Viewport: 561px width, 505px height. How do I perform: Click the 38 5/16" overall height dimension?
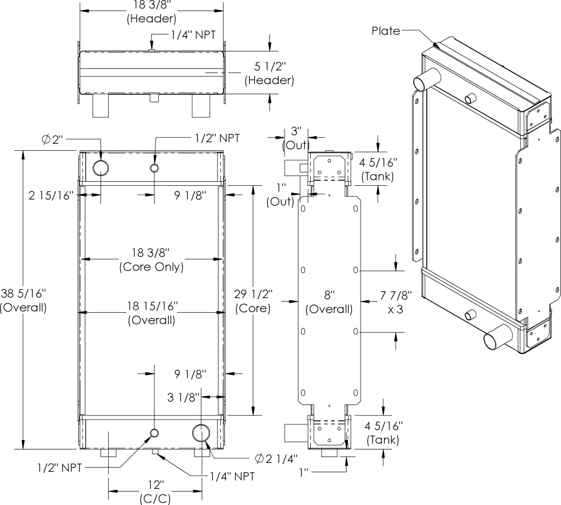click(x=23, y=300)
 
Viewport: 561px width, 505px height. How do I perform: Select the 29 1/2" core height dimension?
click(x=253, y=301)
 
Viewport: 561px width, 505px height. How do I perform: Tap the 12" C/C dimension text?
click(x=155, y=492)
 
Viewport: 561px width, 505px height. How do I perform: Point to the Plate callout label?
click(x=386, y=31)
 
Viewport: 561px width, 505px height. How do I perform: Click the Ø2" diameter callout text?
click(x=52, y=139)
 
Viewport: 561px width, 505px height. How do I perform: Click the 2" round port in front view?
click(x=101, y=168)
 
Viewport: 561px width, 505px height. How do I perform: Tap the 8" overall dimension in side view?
click(x=329, y=302)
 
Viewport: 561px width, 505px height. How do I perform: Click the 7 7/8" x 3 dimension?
click(x=396, y=302)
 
